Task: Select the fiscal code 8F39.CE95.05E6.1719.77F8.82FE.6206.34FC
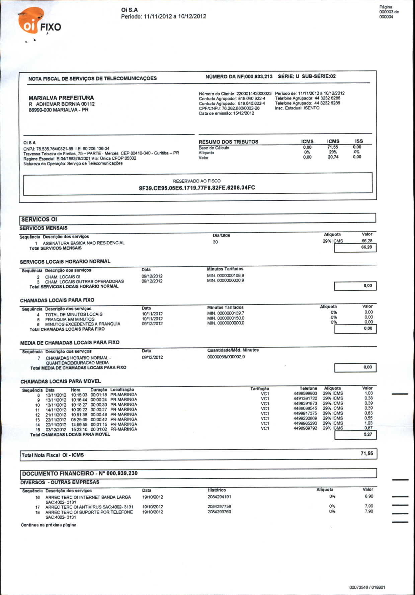[x=197, y=188]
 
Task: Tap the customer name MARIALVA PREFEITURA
[x=61, y=98]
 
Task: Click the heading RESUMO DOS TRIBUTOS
[x=228, y=142]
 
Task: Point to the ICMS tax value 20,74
[x=333, y=157]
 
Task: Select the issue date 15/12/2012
[x=244, y=113]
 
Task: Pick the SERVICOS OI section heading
[x=39, y=220]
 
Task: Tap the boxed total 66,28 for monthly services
[x=366, y=247]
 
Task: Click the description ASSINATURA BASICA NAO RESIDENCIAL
[x=84, y=243]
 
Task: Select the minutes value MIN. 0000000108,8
[x=226, y=276]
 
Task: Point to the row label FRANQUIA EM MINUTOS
[x=70, y=319]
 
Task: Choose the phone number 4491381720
[x=305, y=399]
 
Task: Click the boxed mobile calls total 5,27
[x=368, y=435]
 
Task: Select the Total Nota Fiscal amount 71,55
[x=367, y=454]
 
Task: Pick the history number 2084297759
[x=219, y=507]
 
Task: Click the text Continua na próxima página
[x=49, y=525]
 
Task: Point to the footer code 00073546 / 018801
[x=367, y=587]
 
